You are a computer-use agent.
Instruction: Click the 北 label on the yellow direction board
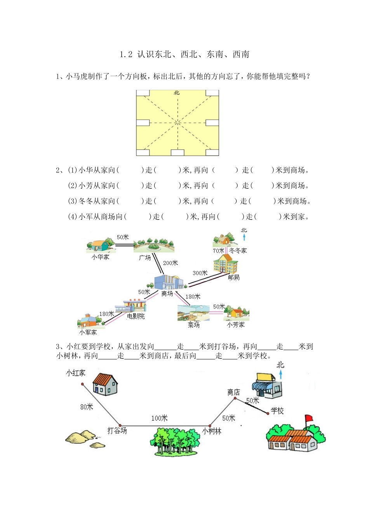[177, 93]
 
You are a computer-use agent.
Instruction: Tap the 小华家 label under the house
[100, 257]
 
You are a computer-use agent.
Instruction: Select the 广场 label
[145, 258]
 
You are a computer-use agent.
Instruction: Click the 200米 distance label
[171, 263]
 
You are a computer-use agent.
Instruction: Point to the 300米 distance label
[200, 273]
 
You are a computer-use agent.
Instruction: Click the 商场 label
[167, 293]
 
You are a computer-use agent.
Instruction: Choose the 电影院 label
[136, 316]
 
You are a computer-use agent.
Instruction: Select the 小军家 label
[88, 332]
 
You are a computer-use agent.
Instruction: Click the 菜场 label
[193, 325]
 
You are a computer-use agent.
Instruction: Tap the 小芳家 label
[236, 325]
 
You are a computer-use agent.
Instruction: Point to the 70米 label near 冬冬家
[218, 251]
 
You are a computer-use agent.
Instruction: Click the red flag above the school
[309, 418]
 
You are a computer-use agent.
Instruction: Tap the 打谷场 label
[117, 431]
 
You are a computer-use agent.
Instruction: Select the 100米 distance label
[159, 418]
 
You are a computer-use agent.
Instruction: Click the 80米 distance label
[87, 407]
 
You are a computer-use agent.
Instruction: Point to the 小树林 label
[212, 431]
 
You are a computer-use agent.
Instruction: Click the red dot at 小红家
[83, 384]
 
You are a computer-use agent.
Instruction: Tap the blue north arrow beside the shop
[281, 375]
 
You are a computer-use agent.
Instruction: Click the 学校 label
[277, 411]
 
